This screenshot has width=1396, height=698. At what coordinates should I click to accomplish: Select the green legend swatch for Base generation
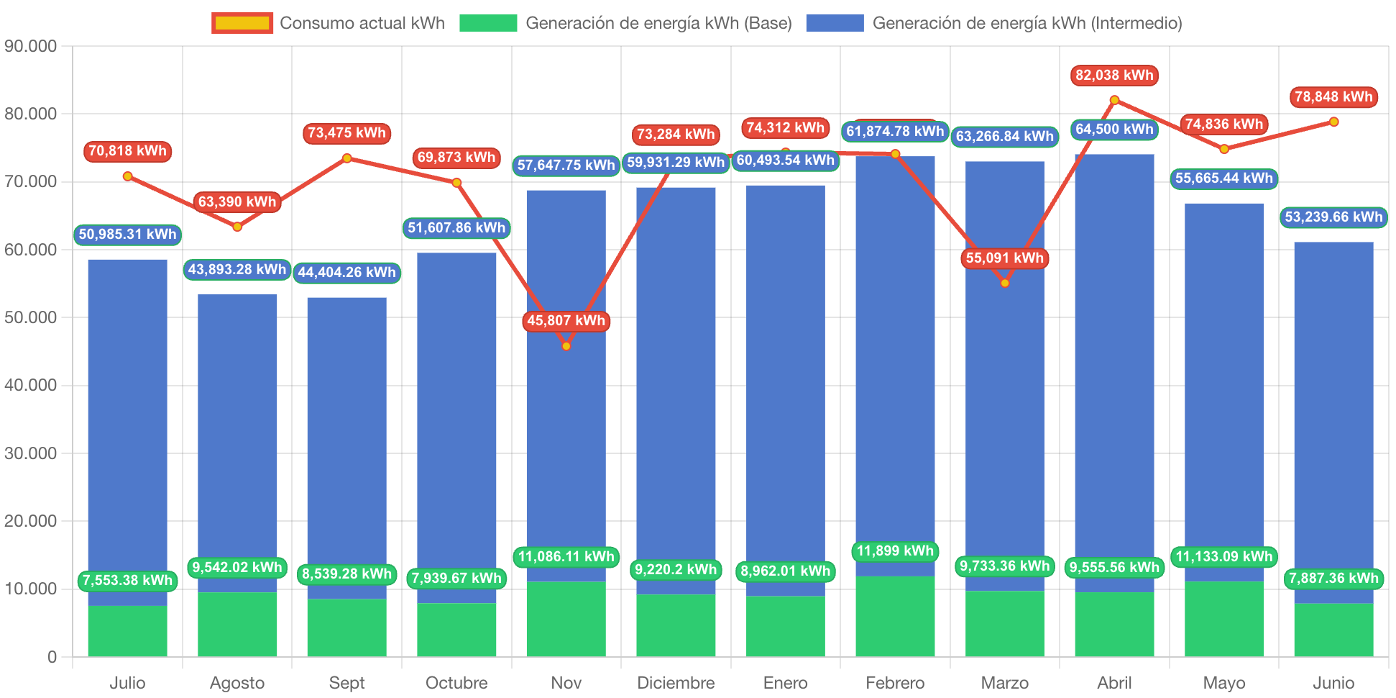pos(488,23)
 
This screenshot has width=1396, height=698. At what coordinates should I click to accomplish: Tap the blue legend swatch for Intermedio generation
pos(835,23)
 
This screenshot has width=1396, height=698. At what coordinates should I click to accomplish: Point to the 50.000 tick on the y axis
pos(30,317)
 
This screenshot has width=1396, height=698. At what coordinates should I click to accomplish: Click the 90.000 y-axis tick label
pos(30,46)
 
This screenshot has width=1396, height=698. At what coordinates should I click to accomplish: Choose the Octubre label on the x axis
pos(456,682)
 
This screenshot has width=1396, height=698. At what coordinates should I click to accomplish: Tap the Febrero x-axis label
pos(895,682)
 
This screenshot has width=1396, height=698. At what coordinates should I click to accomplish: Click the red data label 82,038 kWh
pos(1114,76)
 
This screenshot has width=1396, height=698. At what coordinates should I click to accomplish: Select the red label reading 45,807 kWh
pos(566,321)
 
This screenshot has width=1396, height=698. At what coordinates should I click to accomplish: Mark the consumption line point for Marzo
pos(1005,283)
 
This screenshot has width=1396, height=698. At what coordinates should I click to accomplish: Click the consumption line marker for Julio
pos(127,176)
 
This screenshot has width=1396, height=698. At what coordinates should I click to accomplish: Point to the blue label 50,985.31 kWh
pos(127,235)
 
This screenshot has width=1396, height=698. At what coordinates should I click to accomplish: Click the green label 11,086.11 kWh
pos(566,557)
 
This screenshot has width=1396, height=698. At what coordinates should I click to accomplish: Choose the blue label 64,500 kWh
pos(1114,130)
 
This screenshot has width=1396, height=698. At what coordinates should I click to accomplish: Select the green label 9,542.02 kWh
pos(237,568)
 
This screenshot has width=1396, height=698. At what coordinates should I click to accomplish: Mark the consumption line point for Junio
pos(1333,122)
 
